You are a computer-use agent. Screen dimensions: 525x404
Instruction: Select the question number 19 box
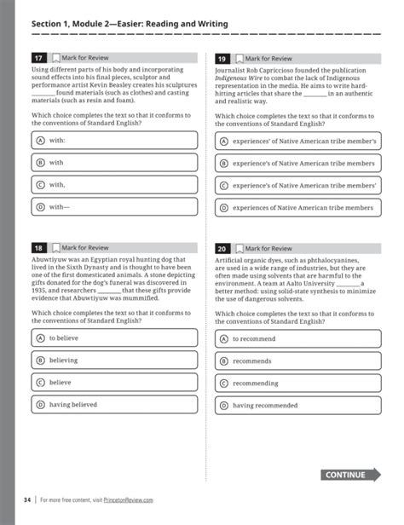(x=223, y=58)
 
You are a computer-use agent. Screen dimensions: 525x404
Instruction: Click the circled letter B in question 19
(x=224, y=162)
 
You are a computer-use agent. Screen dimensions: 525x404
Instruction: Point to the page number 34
(x=27, y=499)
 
